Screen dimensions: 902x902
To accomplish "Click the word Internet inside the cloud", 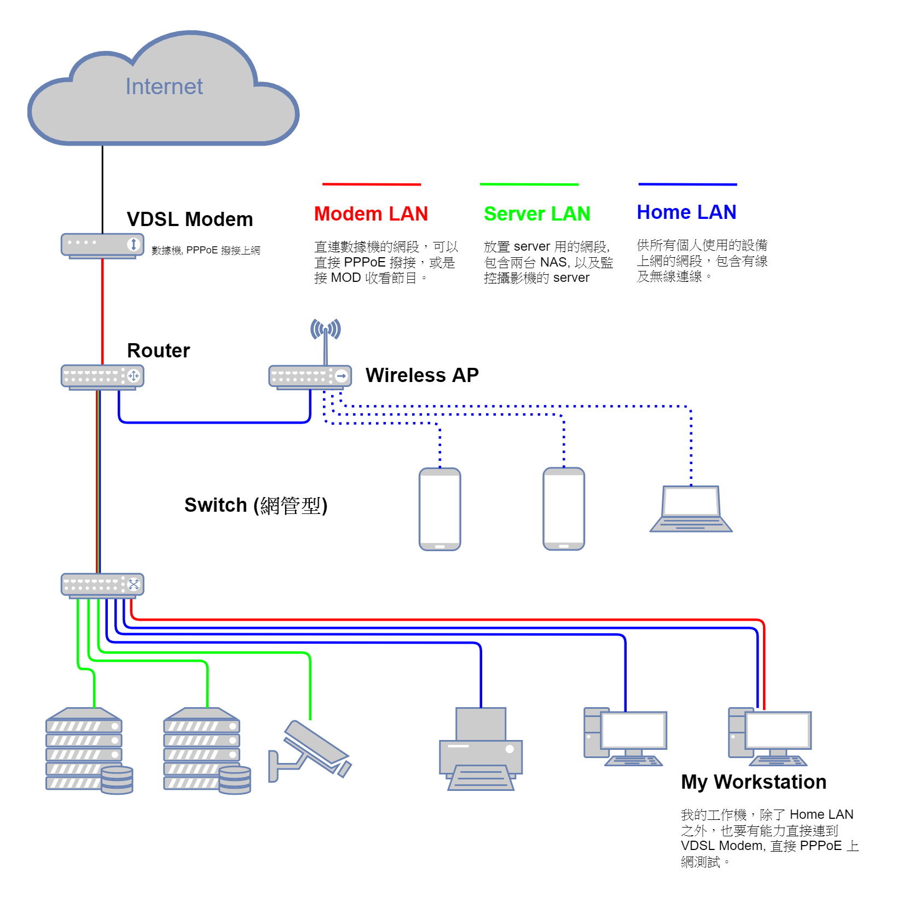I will [164, 86].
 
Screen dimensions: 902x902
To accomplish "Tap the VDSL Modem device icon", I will [102, 245].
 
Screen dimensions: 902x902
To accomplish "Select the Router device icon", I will [102, 377].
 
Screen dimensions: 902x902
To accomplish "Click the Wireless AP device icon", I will [310, 377].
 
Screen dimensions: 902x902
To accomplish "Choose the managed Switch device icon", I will [102, 585].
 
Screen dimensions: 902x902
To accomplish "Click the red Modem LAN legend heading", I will [371, 214].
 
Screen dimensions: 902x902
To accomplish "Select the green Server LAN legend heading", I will [537, 214].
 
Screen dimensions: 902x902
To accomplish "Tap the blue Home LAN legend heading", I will [686, 212].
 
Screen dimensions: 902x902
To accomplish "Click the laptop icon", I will [691, 509].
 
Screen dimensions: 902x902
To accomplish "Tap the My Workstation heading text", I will [754, 782].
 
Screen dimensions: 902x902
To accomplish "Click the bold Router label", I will [158, 351].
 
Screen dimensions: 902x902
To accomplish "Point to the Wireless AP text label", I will [422, 375].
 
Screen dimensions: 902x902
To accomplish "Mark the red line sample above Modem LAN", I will [371, 184].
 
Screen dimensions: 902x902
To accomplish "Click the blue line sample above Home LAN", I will [687, 184].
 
